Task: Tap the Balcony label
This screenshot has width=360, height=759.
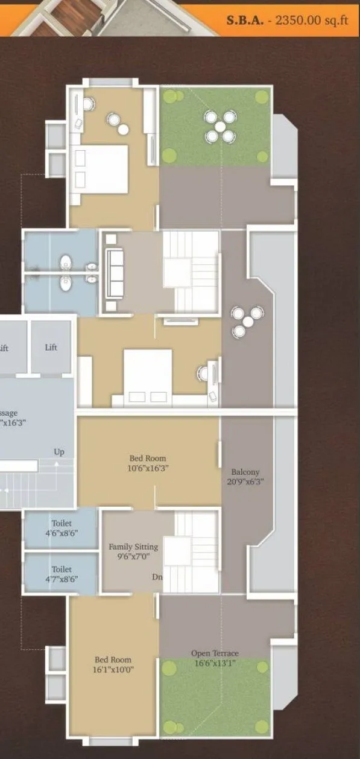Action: point(245,472)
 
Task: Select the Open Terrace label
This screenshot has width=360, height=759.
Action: point(215,653)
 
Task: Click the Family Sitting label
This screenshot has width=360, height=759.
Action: point(133,547)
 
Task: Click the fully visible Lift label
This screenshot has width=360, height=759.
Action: point(51,348)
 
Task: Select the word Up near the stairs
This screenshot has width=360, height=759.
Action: point(59,452)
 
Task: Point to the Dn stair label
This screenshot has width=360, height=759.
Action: point(157,577)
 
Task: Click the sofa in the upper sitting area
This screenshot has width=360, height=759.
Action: point(115,273)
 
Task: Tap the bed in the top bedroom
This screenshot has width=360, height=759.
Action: point(101,167)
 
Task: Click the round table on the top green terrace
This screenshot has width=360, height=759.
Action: point(219,127)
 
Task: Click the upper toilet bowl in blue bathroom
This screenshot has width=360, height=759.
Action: point(66,263)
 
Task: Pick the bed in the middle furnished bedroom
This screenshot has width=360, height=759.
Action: point(147,375)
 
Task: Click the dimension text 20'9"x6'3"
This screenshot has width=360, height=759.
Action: point(245,481)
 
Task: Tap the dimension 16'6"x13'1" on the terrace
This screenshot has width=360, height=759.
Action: point(215,663)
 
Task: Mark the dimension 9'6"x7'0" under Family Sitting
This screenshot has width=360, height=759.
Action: point(133,557)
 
